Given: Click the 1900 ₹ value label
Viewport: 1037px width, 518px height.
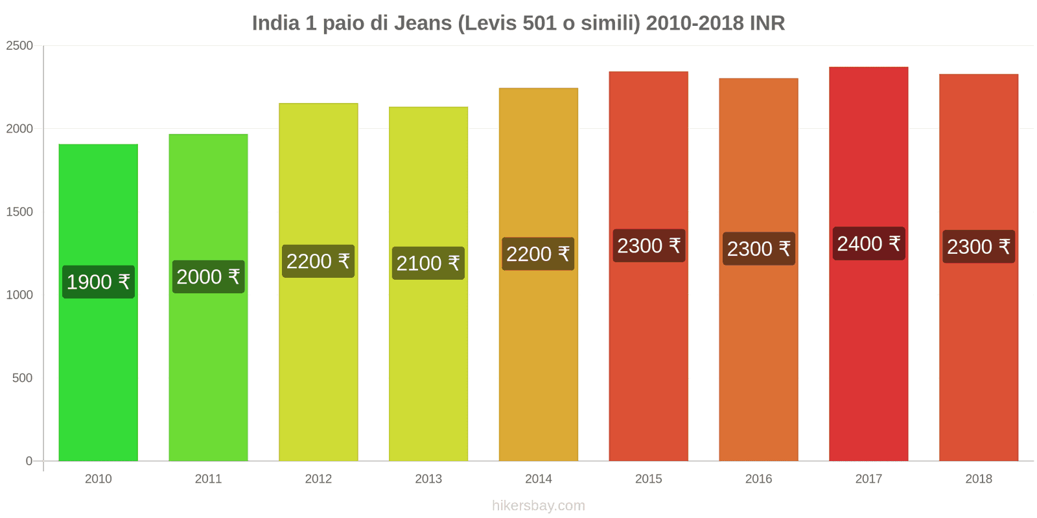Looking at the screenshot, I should click(99, 282).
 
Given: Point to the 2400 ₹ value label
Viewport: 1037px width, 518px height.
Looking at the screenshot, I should click(868, 243).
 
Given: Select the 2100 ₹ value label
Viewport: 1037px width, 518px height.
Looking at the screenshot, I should click(428, 263).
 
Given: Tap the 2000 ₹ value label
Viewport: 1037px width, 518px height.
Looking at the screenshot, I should click(208, 276).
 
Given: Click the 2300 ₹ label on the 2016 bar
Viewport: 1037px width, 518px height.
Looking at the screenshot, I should click(758, 249).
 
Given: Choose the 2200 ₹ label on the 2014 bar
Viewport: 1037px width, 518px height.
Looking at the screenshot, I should click(538, 254).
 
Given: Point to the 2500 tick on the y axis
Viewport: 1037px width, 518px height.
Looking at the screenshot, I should click(19, 45).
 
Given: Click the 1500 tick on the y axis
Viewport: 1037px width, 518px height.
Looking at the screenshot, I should click(19, 212).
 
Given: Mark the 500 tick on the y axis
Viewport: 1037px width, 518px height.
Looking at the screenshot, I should click(22, 377).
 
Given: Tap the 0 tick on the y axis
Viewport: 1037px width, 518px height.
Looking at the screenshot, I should click(29, 461).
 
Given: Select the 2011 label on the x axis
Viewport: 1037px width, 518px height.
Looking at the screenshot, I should click(208, 479).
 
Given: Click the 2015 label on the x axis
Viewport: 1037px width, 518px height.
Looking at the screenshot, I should click(648, 479).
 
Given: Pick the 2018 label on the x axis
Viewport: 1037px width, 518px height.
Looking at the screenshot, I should click(978, 479).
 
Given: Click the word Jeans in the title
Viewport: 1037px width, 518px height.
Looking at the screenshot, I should click(423, 23).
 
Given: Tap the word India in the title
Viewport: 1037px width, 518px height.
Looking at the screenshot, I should click(275, 23).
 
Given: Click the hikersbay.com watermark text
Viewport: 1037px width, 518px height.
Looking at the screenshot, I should click(538, 506).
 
